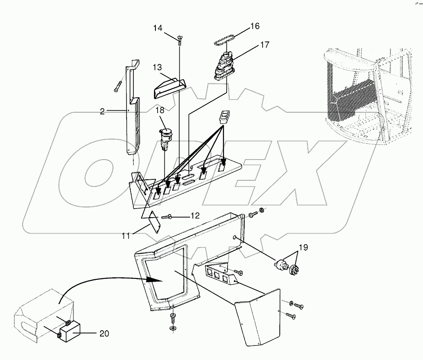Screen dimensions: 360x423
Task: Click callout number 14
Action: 157,28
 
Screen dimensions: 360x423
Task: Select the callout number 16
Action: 255,27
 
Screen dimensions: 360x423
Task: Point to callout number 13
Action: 157,67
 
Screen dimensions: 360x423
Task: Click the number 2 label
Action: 102,111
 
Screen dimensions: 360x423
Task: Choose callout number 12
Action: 194,216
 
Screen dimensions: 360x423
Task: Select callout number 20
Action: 104,333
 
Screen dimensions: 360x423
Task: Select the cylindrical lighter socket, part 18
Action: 165,135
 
